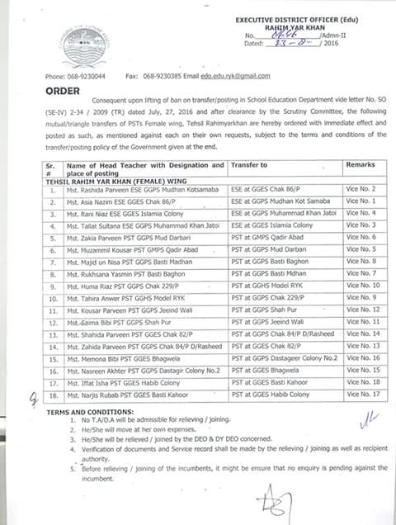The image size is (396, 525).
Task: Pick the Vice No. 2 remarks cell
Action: coord(361,189)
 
